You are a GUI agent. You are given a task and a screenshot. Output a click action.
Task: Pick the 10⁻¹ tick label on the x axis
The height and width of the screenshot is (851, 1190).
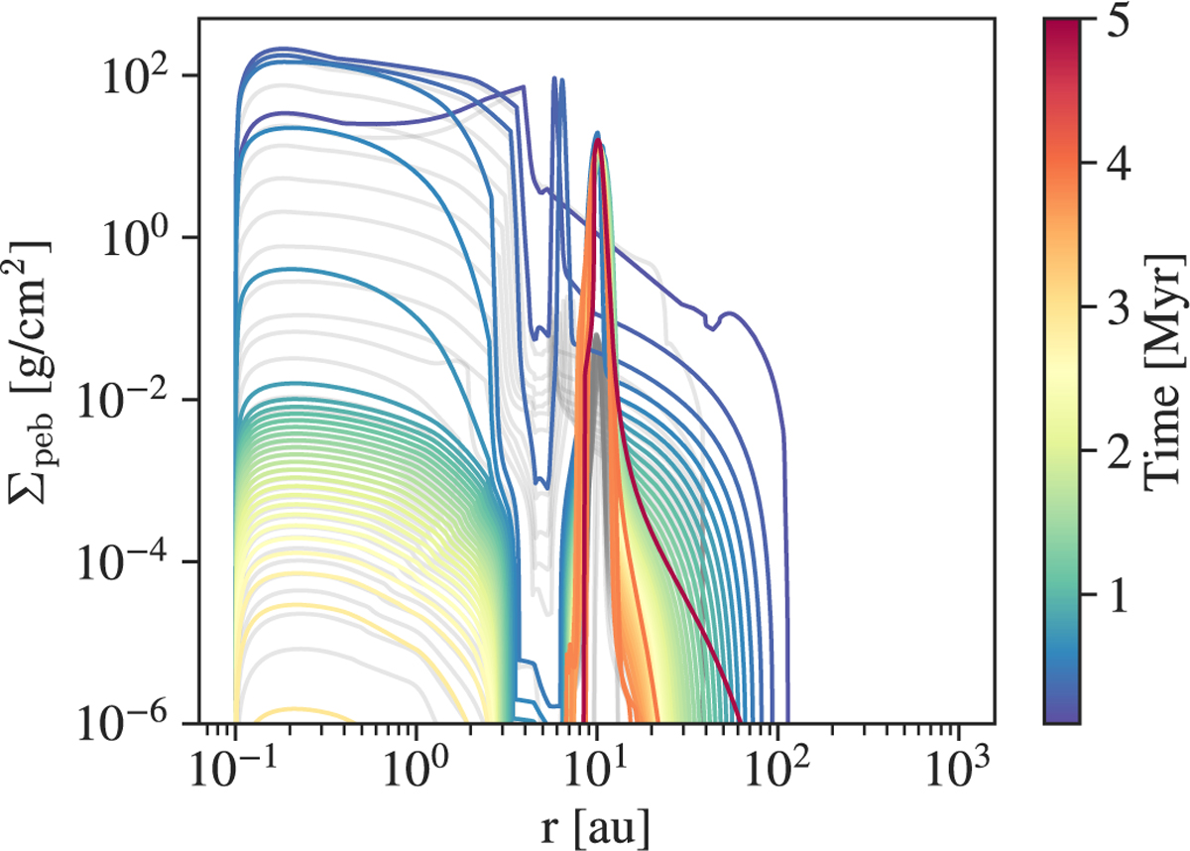235,766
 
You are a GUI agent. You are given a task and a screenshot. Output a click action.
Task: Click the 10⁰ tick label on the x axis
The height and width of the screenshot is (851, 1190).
416,766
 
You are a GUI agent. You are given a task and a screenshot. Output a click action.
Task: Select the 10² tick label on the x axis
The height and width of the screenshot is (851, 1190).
777,766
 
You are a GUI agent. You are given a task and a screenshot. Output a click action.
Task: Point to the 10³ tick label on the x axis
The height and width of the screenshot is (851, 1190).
958,766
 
